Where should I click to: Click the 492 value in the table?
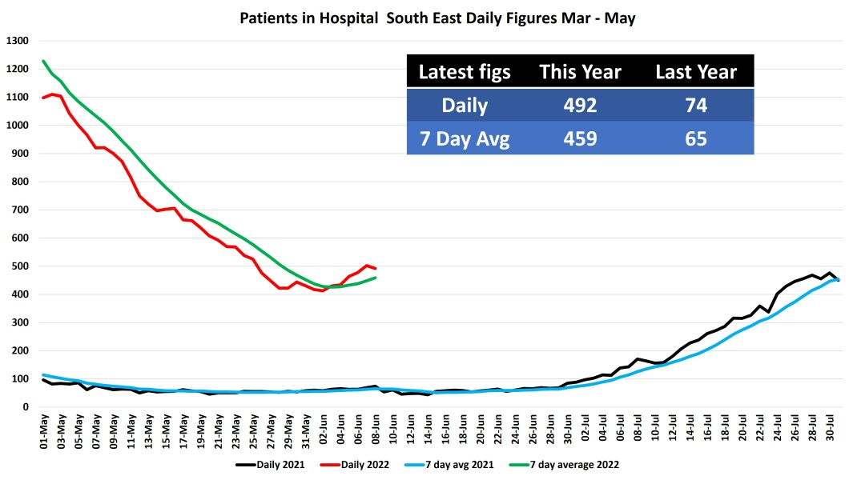[x=580, y=105]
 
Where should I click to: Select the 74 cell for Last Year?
[x=695, y=105]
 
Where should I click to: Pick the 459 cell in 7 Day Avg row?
[x=580, y=138]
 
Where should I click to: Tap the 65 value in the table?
[x=695, y=138]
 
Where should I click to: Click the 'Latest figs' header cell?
[x=465, y=72]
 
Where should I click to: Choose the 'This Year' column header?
[x=580, y=72]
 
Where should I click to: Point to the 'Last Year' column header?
[x=695, y=72]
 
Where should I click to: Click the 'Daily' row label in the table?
[x=465, y=105]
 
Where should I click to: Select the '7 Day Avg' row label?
[x=465, y=138]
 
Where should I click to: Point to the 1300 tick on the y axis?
[x=17, y=41]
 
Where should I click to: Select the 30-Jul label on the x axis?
[x=831, y=433]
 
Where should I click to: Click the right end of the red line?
[x=376, y=268]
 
